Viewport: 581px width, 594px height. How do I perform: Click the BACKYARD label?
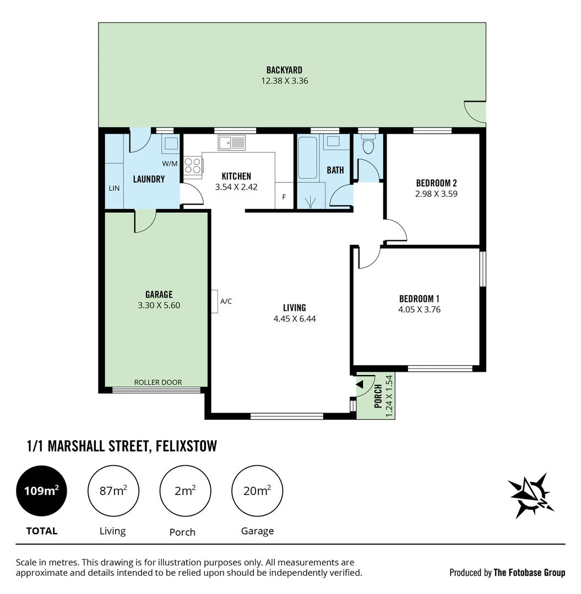coord(284,70)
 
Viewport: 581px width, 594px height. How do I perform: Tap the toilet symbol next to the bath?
coord(368,145)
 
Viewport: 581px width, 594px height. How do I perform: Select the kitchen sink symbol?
coord(231,143)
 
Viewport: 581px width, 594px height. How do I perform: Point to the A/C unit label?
coord(226,301)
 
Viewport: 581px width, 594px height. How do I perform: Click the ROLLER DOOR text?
coord(158,382)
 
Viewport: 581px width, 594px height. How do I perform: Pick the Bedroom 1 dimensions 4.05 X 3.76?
coord(419,309)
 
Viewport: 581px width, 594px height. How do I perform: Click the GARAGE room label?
coord(159,295)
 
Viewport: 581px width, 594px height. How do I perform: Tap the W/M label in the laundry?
coord(170,163)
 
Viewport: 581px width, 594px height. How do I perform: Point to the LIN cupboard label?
coord(114,188)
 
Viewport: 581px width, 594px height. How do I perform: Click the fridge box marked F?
coord(284,196)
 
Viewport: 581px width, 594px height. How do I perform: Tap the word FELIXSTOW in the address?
coord(186,446)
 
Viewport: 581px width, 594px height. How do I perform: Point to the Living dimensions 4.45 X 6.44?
coord(294,318)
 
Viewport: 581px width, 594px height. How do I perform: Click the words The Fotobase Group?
coord(529,573)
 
